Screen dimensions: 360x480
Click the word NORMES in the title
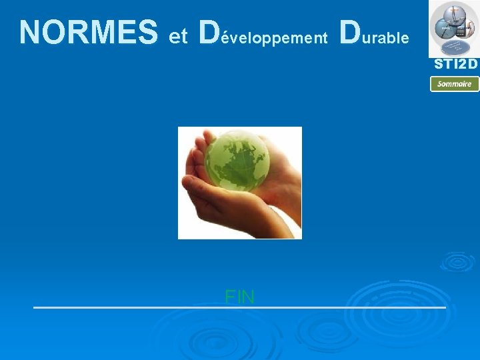click(88, 32)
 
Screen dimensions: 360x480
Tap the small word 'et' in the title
click(178, 37)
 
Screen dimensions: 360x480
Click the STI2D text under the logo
click(456, 65)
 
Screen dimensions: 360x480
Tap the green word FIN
click(239, 297)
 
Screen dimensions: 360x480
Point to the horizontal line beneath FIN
click(239, 307)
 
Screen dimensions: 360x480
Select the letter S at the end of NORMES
click(148, 32)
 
